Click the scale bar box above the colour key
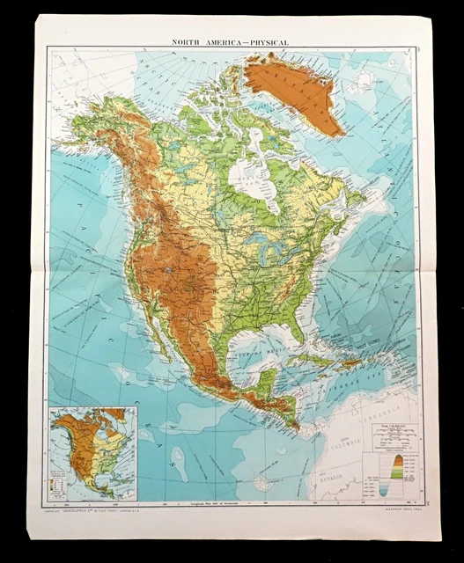point(393,434)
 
